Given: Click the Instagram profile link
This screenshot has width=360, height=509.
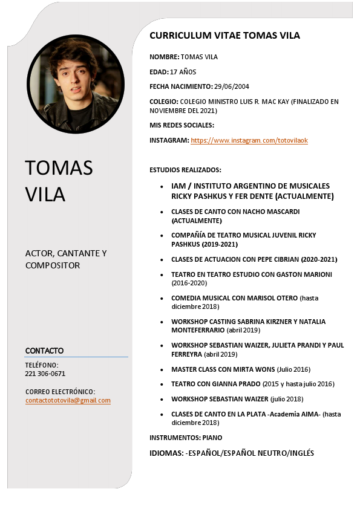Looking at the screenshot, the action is (249, 141).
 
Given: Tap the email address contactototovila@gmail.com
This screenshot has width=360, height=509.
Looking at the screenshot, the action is (68, 401).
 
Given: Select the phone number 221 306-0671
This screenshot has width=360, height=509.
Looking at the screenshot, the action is (45, 374).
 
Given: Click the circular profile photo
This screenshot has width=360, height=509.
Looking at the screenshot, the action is (75, 83).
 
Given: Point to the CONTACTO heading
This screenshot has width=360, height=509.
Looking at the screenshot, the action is (44, 351).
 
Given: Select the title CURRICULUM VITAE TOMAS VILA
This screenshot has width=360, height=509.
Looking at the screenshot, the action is (224, 36).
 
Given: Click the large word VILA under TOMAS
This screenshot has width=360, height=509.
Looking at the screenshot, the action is (45, 194).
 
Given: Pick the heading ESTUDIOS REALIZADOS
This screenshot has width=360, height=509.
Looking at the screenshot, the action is (185, 170).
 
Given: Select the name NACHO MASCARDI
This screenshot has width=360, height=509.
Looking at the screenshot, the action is (271, 212).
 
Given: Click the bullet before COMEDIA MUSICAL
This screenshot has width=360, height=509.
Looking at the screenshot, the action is (161, 299).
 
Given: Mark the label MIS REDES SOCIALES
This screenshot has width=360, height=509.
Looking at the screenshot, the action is (182, 125).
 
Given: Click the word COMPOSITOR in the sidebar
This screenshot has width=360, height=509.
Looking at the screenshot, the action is (53, 265).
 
